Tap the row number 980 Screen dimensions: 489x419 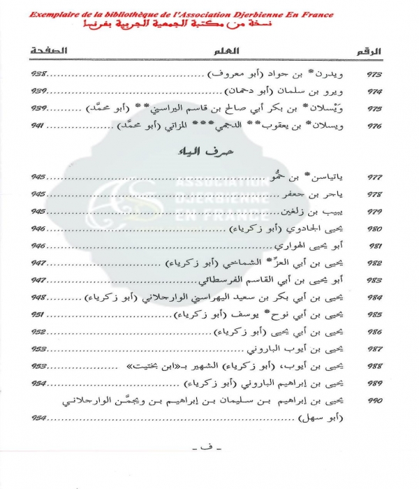(x=374, y=228)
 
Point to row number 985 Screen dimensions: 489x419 (x=374, y=314)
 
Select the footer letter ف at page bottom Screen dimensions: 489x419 (x=207, y=465)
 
